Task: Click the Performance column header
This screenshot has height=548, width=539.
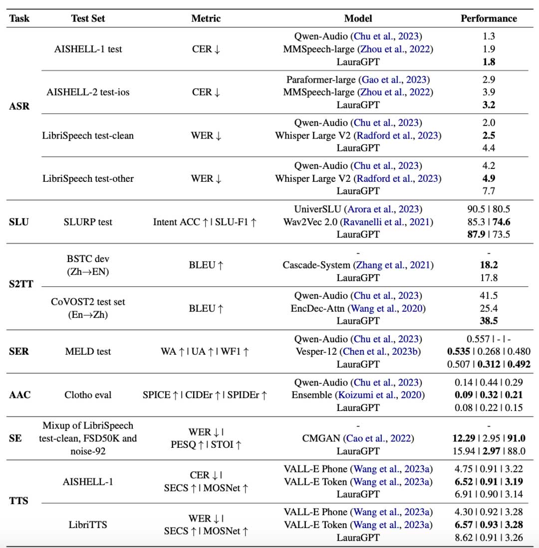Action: (489, 18)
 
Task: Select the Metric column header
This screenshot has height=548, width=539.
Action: (206, 18)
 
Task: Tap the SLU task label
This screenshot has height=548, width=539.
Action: (19, 222)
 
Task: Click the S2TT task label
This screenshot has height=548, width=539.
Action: (20, 284)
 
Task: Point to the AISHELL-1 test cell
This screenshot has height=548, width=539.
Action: (88, 49)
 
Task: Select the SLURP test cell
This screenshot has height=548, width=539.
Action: (88, 222)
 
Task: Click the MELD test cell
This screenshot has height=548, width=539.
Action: (88, 351)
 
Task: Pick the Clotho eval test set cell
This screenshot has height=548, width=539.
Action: (88, 395)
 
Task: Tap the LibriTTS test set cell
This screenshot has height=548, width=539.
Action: (88, 525)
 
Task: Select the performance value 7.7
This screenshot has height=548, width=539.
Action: (489, 191)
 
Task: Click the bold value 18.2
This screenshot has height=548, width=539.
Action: (489, 265)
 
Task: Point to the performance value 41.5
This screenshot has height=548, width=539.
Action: (489, 295)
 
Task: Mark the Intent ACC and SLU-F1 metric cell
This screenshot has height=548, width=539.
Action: (205, 222)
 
